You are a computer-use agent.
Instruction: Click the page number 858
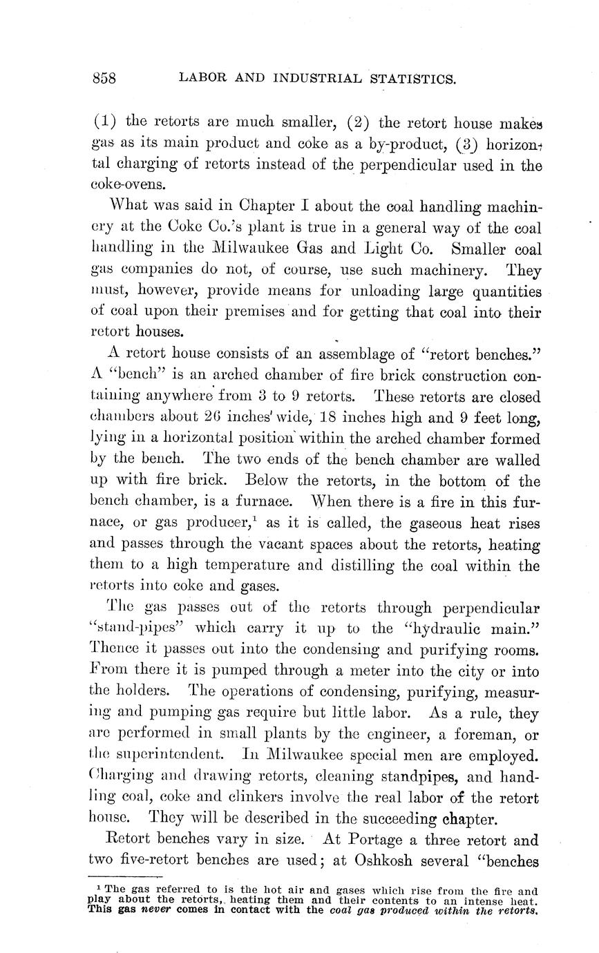point(104,78)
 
